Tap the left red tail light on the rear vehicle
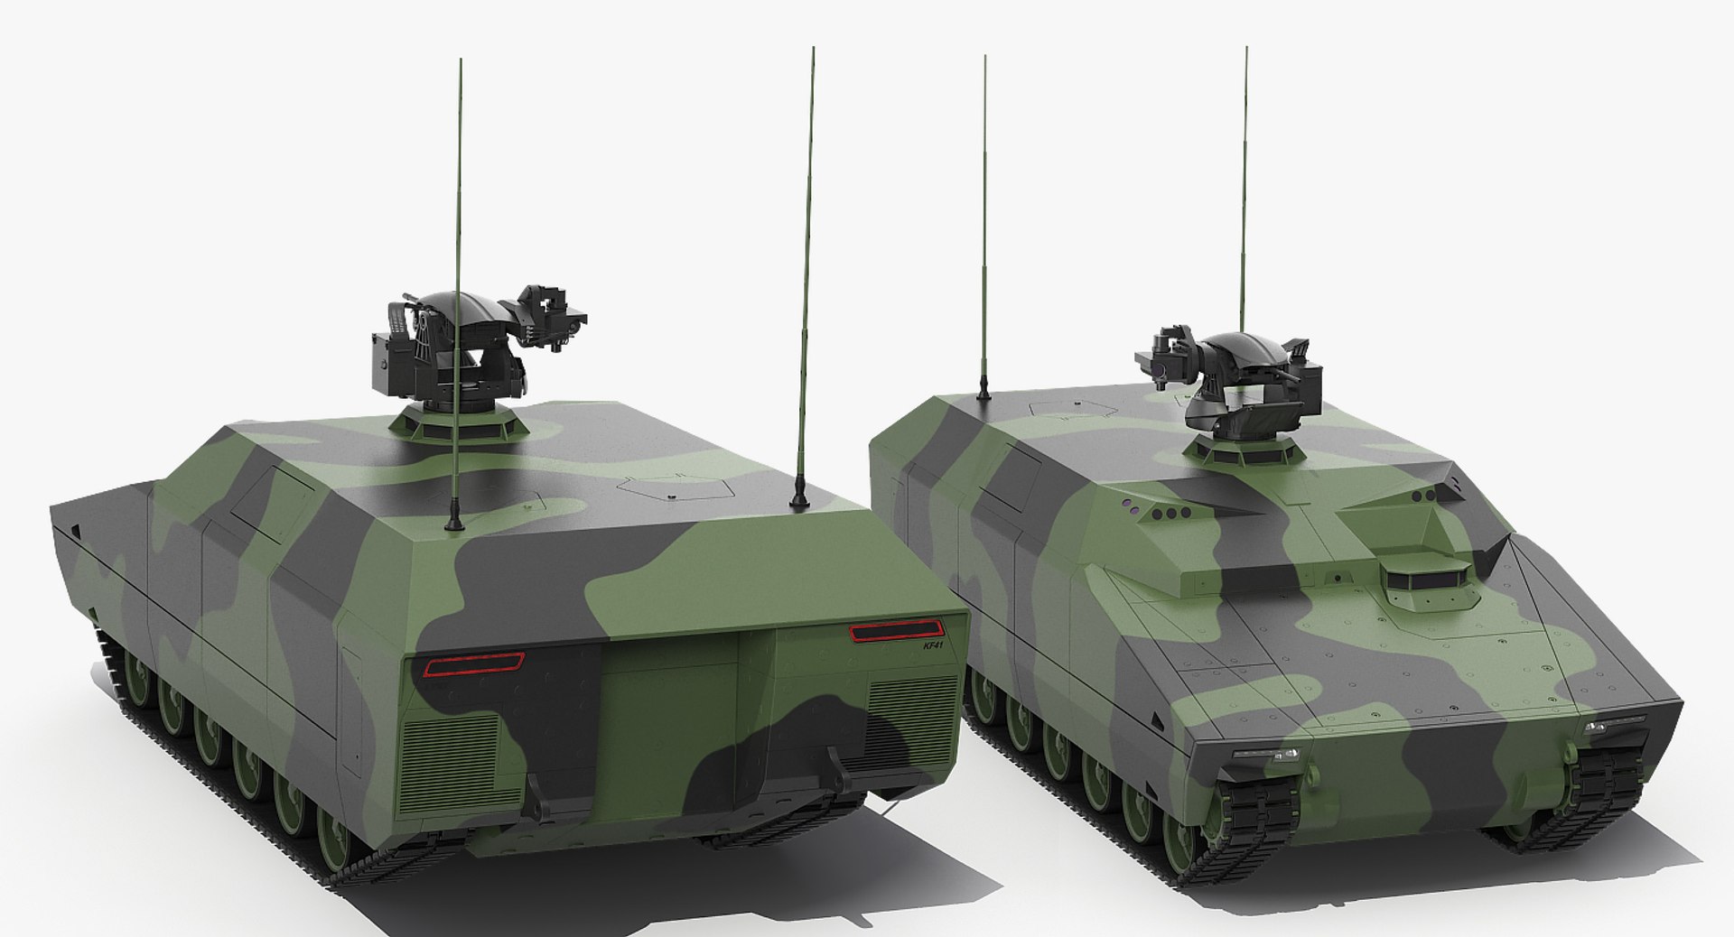pos(474,666)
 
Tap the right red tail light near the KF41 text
pos(894,631)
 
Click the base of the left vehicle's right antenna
pos(798,500)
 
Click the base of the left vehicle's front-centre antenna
pos(454,523)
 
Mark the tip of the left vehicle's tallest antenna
pos(813,50)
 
